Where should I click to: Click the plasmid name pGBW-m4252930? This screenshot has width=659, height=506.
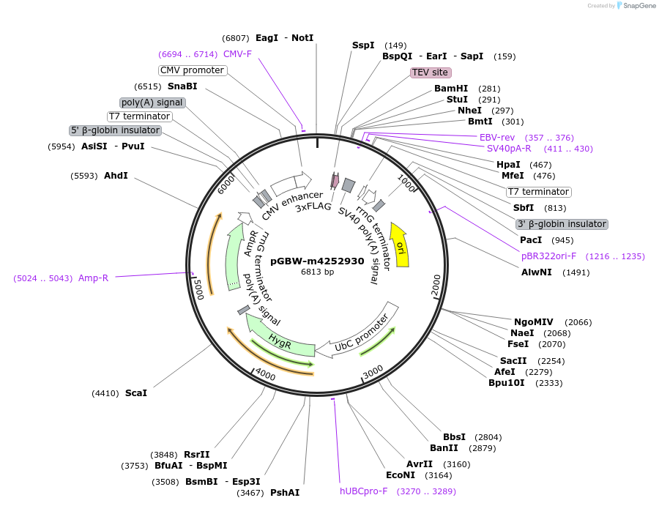pos(317,261)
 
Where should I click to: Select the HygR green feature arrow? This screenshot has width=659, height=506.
pos(278,338)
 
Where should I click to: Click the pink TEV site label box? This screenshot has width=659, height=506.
pos(430,72)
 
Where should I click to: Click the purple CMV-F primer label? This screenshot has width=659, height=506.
pos(237,54)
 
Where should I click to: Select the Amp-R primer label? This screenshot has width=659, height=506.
pos(93,278)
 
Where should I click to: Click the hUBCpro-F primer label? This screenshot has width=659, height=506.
pos(363,491)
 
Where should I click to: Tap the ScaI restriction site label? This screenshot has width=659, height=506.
pos(135,393)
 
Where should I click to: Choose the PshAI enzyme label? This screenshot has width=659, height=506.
pos(285,493)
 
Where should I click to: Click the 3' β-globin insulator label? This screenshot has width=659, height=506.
pos(562,224)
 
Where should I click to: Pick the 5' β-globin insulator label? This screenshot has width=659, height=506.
pos(115,130)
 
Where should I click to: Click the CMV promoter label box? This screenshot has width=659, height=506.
pos(192,70)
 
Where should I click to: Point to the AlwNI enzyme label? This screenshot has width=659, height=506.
pos(537,272)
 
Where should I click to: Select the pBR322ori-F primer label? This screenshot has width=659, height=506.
pos(548,256)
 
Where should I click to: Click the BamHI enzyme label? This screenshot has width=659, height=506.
pos(450,89)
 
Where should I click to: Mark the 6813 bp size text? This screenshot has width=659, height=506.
pos(317,272)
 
